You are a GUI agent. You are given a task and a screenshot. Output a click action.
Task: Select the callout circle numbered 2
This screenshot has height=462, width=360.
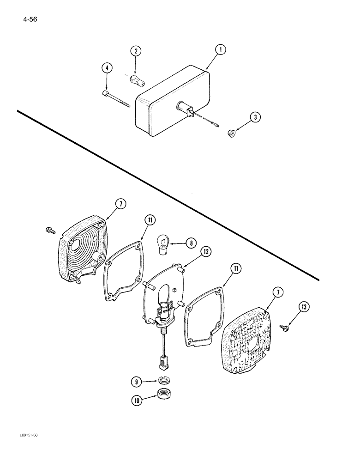tap(135, 51)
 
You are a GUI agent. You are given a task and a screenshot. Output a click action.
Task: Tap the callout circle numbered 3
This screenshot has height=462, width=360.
tap(257, 118)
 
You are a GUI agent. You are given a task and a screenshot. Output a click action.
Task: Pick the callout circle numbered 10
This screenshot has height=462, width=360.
tap(137, 401)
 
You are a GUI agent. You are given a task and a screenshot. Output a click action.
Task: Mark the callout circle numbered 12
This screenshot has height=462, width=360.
tap(206, 252)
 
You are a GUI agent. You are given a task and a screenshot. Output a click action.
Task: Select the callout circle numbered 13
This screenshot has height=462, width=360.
tap(303, 307)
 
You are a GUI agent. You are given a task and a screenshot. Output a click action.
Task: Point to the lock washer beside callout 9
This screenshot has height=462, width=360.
tap(162, 380)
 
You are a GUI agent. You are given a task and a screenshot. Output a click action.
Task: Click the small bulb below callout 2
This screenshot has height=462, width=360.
tap(138, 81)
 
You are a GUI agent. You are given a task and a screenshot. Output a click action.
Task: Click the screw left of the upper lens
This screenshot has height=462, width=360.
tap(49, 230)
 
